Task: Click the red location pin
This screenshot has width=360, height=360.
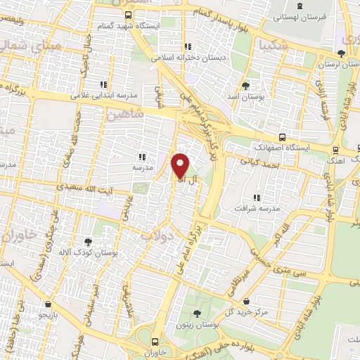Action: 180,165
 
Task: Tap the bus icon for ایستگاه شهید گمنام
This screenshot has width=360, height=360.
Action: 127,14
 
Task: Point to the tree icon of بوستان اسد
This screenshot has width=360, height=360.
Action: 245,85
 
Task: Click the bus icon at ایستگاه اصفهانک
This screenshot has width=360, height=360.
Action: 282,138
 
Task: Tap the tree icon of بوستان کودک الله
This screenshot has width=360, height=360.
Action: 88,241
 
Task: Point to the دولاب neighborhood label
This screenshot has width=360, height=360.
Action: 156,236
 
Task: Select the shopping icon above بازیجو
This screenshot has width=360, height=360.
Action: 47,304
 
